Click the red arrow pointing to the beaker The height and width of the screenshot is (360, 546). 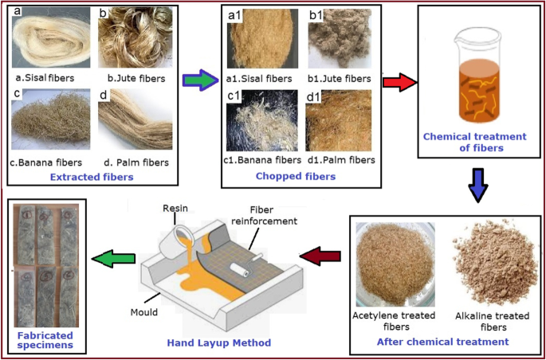click(399, 83)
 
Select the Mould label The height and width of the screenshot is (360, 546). click(144, 311)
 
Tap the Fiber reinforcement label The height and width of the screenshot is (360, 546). click(273, 215)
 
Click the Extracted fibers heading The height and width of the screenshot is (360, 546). click(92, 177)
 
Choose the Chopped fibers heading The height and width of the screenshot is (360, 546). click(296, 176)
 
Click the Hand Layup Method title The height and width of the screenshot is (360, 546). click(219, 342)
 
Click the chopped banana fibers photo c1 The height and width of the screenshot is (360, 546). click(262, 121)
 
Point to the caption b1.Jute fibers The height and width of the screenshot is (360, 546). click(341, 79)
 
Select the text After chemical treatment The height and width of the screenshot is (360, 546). click(442, 342)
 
